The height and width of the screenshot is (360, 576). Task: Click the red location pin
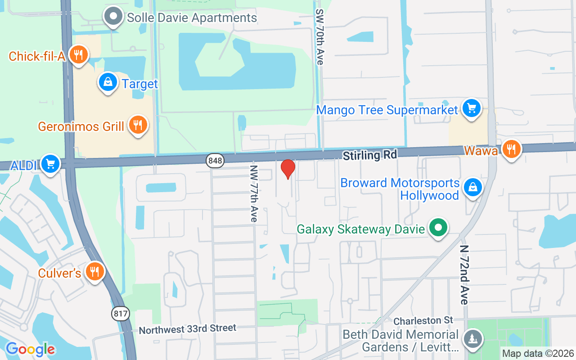(x=288, y=169)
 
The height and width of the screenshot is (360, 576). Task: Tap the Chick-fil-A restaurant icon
(x=79, y=55)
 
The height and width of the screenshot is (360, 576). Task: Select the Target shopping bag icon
(x=108, y=82)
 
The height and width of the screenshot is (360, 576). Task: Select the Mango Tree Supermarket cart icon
(x=471, y=108)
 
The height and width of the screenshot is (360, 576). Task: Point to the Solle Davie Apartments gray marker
(x=113, y=17)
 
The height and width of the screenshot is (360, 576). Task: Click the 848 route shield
(x=215, y=161)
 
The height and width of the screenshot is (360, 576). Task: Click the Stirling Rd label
(x=370, y=155)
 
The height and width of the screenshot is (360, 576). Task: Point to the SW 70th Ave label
(x=319, y=37)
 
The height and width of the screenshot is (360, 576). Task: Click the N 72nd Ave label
(x=464, y=274)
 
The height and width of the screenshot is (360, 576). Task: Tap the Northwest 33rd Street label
(x=187, y=329)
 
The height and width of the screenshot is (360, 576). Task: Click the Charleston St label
(x=423, y=320)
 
